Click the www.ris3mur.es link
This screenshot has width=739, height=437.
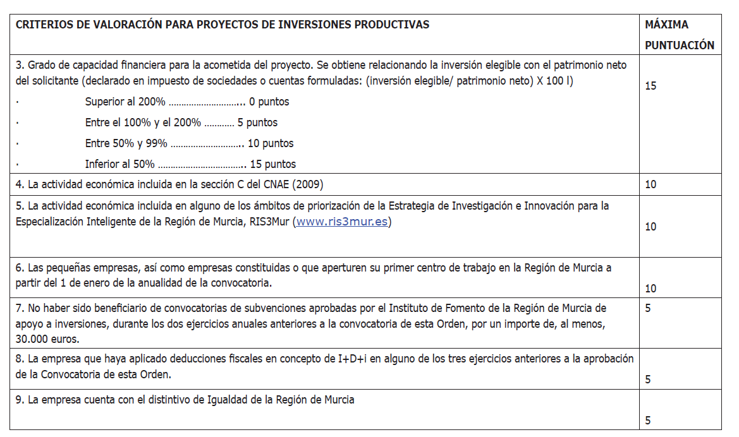point(341,222)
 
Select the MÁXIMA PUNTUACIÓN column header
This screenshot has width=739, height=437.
point(679,35)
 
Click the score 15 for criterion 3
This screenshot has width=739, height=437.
point(650,86)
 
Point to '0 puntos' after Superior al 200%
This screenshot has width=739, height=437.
point(269,102)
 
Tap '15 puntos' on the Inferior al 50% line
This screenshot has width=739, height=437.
point(273,164)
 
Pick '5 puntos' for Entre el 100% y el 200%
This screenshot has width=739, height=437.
point(257,123)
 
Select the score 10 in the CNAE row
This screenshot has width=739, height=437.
point(650,185)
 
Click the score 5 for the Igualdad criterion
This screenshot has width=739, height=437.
point(648,421)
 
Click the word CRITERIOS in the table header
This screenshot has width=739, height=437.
point(42,25)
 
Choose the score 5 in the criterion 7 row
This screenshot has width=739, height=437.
point(648,308)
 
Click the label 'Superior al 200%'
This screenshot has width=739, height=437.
point(125,102)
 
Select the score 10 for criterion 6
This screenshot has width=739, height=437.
point(650,289)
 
